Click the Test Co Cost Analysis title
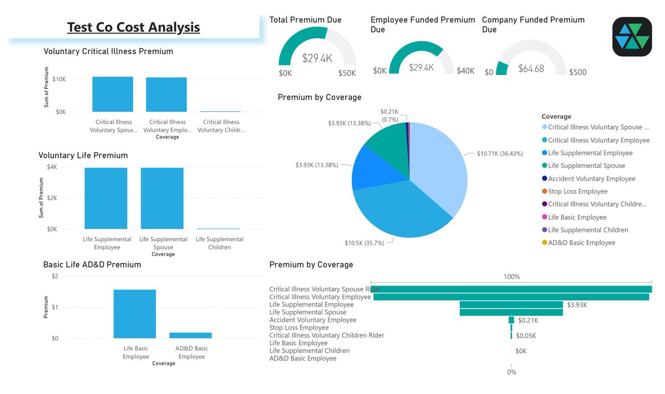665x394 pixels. [x=133, y=27]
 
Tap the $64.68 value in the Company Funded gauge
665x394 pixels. [x=531, y=69]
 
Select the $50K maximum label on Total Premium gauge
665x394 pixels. [x=347, y=73]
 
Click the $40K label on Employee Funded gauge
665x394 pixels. [x=465, y=71]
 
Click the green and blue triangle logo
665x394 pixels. [x=632, y=37]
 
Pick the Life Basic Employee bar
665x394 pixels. [x=135, y=313]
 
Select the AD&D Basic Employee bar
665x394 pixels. [x=191, y=335]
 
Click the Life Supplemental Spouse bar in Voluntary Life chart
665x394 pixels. [x=162, y=198]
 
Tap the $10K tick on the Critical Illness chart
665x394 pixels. [x=59, y=79]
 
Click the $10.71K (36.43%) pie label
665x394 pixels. [x=499, y=153]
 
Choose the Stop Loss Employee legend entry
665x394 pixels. [x=577, y=191]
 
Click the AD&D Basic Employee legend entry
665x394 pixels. [x=581, y=243]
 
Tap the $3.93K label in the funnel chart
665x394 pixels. [x=577, y=305]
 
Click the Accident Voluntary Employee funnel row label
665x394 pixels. [x=313, y=320]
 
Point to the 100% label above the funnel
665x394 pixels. [x=511, y=277]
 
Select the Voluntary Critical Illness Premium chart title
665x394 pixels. [x=108, y=51]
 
